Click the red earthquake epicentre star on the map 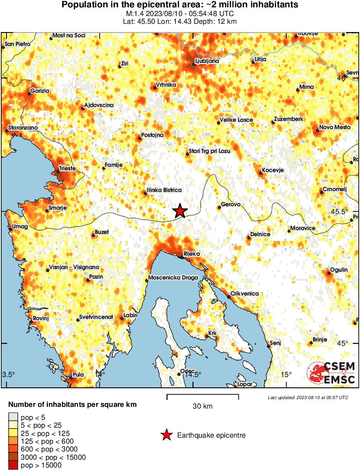click(x=180, y=211)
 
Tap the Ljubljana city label click(x=207, y=61)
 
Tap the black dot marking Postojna click(x=139, y=139)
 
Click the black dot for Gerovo click(x=220, y=208)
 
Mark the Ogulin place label click(x=338, y=270)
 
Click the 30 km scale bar click(x=203, y=395)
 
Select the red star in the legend click(x=166, y=435)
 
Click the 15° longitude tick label click(x=286, y=374)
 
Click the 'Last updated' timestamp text click(x=308, y=397)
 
